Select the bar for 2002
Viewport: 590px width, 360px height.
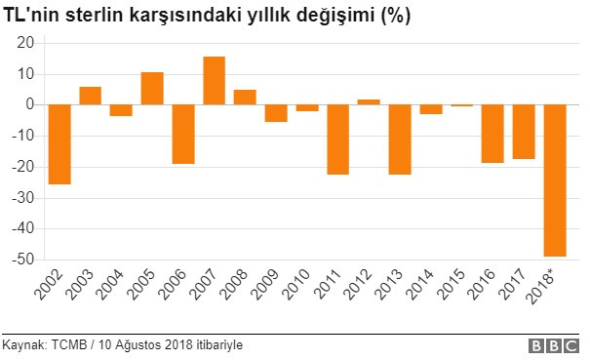(59, 144)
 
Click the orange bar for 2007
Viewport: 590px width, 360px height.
(215, 80)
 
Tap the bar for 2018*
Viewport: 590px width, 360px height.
(556, 180)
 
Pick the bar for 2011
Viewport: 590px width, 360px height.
(338, 140)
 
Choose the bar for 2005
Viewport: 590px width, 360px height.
(152, 88)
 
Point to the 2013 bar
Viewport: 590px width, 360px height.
(400, 140)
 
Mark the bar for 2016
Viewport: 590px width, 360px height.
(493, 134)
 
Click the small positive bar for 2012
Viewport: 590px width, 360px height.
(370, 101)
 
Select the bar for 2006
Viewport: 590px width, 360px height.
(183, 134)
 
